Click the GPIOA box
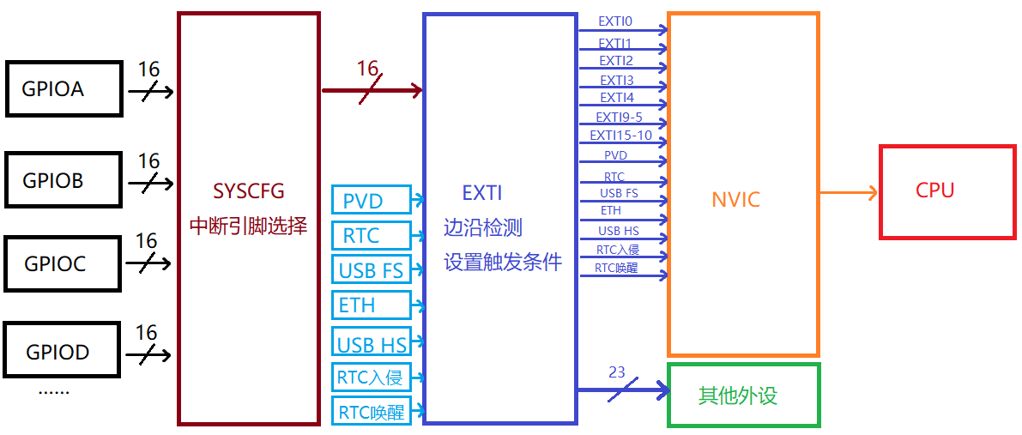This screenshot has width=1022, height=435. (x=64, y=89)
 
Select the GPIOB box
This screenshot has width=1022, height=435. (x=63, y=180)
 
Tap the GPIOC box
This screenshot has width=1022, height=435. (x=61, y=264)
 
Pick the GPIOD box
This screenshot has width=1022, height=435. (x=61, y=351)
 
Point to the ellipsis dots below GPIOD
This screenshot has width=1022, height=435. (x=54, y=391)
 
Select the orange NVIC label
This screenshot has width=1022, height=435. (x=735, y=200)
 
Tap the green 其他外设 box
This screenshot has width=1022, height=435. (x=743, y=396)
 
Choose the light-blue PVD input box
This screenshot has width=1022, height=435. (x=371, y=201)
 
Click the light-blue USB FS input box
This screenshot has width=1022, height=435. (x=371, y=270)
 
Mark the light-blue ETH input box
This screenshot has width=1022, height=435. (x=371, y=305)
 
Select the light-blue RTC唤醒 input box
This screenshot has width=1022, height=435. (x=371, y=411)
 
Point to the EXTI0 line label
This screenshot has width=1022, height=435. (x=615, y=21)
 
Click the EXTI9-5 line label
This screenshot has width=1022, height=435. (x=619, y=118)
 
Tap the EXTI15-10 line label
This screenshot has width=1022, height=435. (x=620, y=136)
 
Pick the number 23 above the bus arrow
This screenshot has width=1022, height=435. (x=617, y=372)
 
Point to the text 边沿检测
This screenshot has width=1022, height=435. (x=482, y=228)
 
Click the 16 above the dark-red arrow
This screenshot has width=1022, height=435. (x=367, y=69)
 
